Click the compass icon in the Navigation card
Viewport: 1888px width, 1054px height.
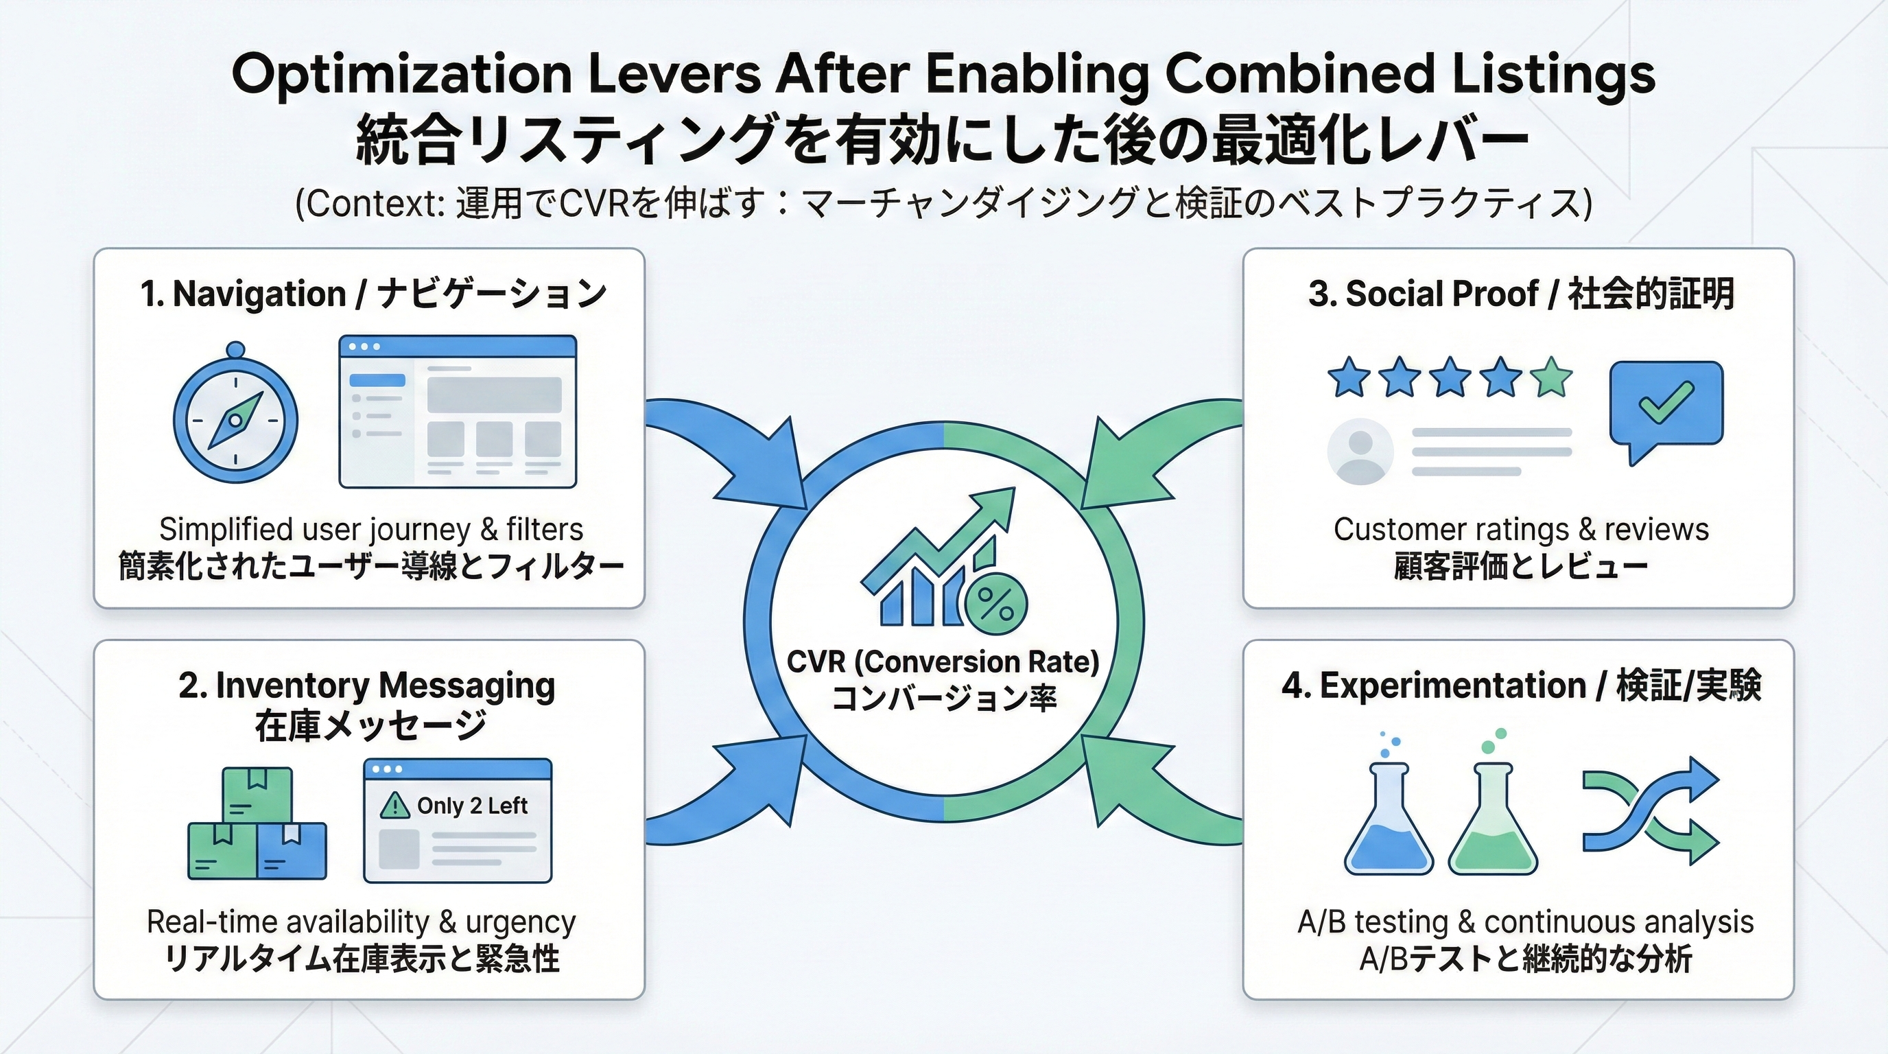click(235, 420)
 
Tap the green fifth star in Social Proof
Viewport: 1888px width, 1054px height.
click(1552, 378)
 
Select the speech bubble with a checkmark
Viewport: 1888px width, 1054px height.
click(1666, 406)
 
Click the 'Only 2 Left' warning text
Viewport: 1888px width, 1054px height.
click(472, 806)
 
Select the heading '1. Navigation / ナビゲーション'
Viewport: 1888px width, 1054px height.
click(373, 294)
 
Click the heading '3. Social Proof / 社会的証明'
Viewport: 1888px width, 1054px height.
click(1521, 294)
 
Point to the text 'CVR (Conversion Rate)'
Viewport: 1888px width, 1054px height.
click(943, 662)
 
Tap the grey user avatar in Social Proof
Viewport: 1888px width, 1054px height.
click(1360, 452)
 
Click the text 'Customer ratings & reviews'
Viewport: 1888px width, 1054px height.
click(1521, 529)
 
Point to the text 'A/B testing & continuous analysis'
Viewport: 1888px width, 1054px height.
click(1525, 922)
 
